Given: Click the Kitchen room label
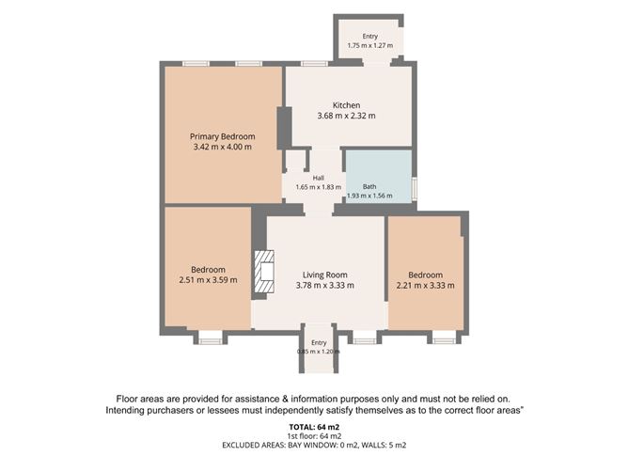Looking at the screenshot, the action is pos(347,105).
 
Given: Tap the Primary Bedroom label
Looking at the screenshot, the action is pos(222,136).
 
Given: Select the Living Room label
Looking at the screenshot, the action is pos(325,275).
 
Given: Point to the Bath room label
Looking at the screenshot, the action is pos(369,187).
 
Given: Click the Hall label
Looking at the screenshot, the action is pos(319,178).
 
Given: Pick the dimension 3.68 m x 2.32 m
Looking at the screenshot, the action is pos(347,116).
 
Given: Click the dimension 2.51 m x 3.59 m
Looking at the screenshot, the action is pos(208,280).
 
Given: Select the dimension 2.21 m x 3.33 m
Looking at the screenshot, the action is pos(425,286).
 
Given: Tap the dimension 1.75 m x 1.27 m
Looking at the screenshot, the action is pos(370,46).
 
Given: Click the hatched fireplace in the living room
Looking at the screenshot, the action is pos(264,272).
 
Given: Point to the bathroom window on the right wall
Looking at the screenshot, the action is pos(415,189).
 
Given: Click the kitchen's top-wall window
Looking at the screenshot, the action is pos(314,64).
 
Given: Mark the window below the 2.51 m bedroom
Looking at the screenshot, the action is pos(211,341).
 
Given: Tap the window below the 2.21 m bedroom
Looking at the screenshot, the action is pos(444,341).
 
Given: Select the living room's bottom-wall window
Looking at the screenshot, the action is pos(365,341).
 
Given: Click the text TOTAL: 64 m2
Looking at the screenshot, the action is pos(314,428).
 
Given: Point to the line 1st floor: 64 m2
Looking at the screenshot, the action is pos(314,436).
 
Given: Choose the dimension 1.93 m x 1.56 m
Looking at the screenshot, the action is pos(369,196).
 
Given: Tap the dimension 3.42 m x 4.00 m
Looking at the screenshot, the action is pos(222,147).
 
